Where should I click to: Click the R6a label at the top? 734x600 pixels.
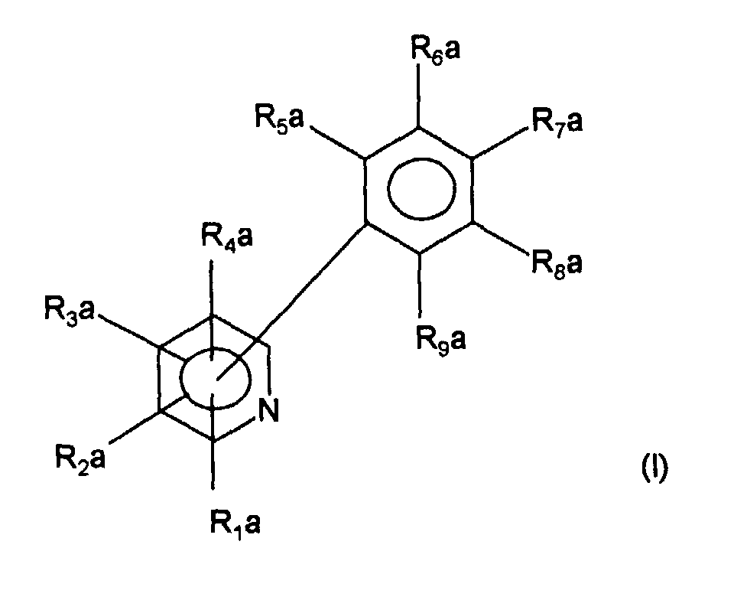click(x=436, y=50)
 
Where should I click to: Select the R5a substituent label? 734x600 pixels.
click(x=280, y=118)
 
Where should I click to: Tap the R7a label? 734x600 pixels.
click(x=557, y=122)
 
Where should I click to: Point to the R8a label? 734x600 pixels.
click(x=557, y=263)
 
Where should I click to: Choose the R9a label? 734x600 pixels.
click(x=441, y=340)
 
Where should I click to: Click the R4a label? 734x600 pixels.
click(x=227, y=236)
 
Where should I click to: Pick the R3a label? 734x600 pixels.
click(x=70, y=311)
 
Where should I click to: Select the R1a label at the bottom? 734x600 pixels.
click(x=235, y=523)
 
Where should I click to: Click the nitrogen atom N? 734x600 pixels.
click(x=268, y=410)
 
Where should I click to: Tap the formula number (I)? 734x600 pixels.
click(x=654, y=468)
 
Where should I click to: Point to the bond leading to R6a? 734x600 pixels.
click(x=418, y=95)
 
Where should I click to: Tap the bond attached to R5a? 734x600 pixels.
click(x=338, y=142)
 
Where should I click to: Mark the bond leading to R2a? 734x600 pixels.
click(x=135, y=427)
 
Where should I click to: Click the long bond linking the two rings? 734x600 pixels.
click(x=291, y=302)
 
